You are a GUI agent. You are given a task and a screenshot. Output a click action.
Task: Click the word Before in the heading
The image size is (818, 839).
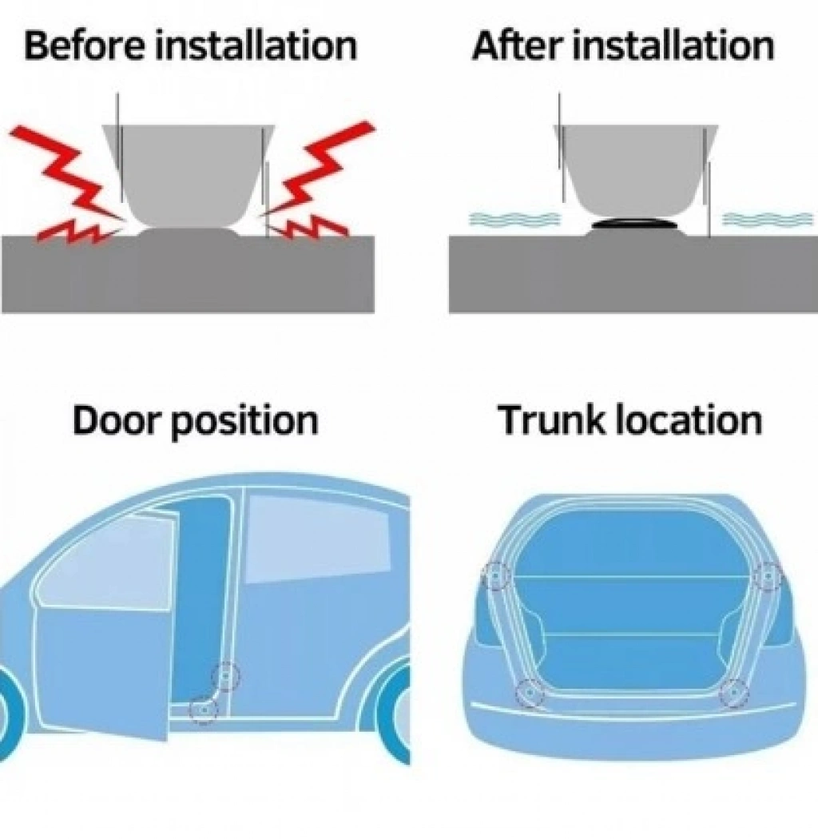85,46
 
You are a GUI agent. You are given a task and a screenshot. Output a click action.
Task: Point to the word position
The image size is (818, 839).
244,423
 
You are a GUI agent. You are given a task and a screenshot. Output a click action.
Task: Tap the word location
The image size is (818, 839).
689,420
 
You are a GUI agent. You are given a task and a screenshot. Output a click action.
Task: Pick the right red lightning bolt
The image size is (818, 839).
318,182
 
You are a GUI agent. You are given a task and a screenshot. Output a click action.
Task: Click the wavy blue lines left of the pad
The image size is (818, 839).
514,219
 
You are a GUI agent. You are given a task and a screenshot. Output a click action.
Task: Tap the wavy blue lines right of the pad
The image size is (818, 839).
768,219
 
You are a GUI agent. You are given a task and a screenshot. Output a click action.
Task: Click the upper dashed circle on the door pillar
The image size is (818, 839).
225,676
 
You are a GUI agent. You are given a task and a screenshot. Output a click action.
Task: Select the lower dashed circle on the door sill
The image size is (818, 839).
204,710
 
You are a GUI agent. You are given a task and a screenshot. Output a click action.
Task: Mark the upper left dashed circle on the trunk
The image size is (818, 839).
496,576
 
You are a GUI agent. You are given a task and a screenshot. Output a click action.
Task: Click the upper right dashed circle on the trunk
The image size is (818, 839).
767,576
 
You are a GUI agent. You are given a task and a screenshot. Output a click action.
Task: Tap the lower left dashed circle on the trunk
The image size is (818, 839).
530,693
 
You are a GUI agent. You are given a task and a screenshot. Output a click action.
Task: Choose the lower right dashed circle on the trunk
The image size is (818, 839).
733,693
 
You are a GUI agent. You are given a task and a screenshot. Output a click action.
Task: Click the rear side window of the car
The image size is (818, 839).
318,538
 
